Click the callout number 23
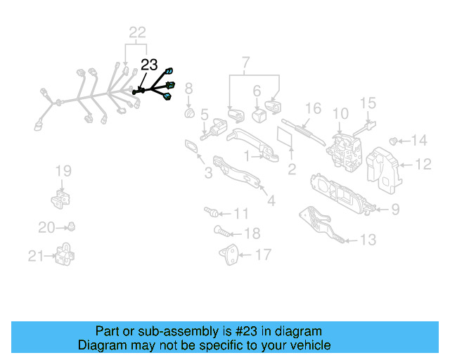[149, 65]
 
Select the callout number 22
[137, 32]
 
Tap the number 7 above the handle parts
[246, 64]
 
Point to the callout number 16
[313, 108]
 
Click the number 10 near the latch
[340, 112]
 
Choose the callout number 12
[423, 165]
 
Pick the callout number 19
[64, 170]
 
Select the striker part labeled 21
[65, 254]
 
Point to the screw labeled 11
[209, 211]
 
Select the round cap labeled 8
[188, 115]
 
